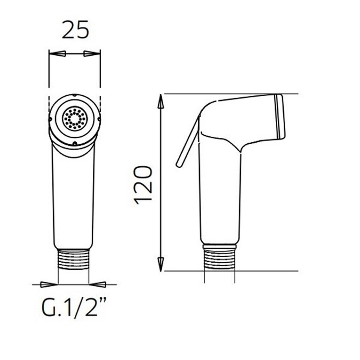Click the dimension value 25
pyautogui.click(x=75, y=30)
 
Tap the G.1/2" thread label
pyautogui.click(x=74, y=307)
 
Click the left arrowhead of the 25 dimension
pyautogui.click(x=57, y=54)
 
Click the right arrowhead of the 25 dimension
pyautogui.click(x=92, y=54)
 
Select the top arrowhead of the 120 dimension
pyautogui.click(x=161, y=101)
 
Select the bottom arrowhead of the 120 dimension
pyautogui.click(x=161, y=264)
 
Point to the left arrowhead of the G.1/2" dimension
pyautogui.click(x=49, y=285)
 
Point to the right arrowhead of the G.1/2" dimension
pyautogui.click(x=97, y=285)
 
